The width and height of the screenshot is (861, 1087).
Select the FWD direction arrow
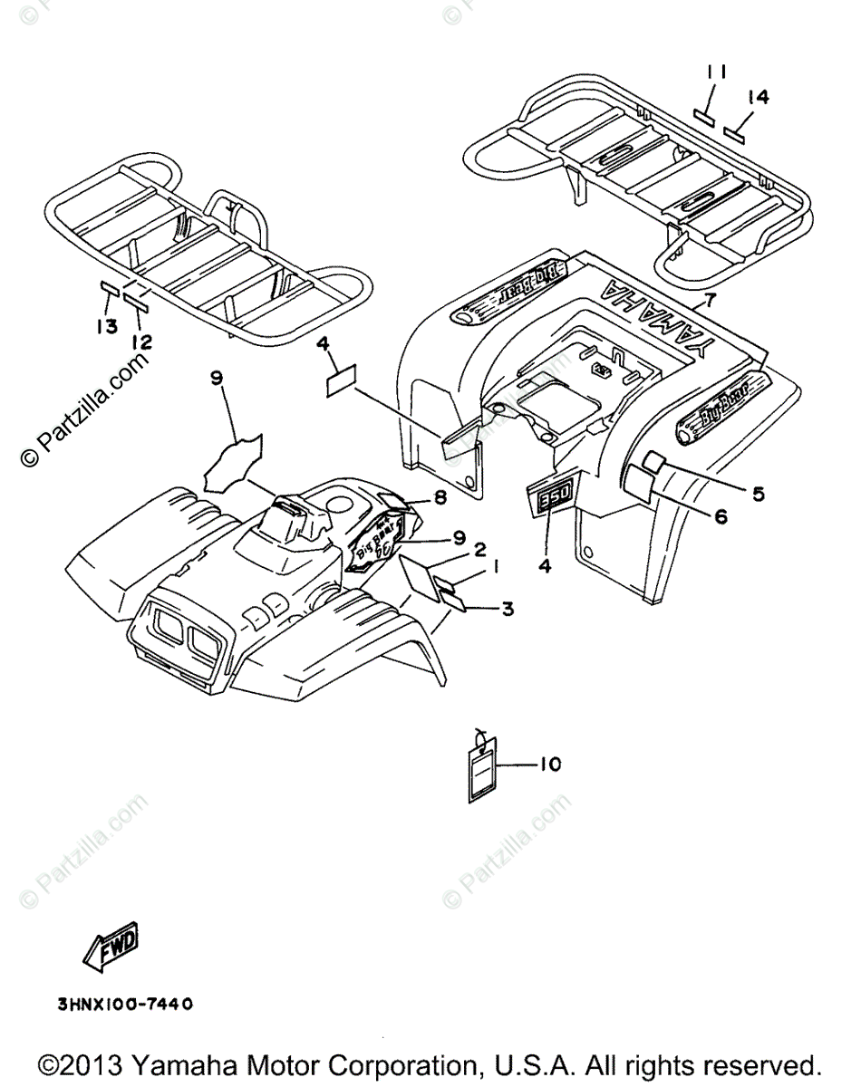111,952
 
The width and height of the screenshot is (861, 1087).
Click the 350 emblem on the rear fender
548,499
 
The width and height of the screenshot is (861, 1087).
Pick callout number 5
758,494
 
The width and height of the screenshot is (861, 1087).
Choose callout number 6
721,517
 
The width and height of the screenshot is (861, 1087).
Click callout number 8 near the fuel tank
440,496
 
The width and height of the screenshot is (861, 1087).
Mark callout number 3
508,610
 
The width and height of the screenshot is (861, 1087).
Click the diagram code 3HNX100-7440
124,1004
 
